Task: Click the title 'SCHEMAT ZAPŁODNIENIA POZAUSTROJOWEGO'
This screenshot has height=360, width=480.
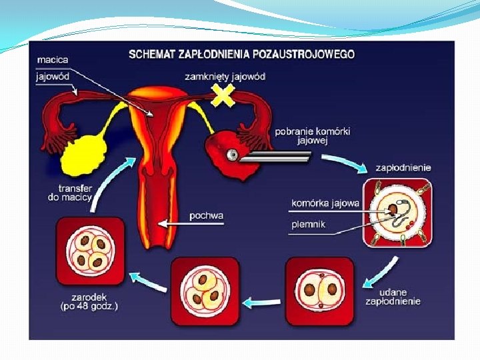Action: coord(241,53)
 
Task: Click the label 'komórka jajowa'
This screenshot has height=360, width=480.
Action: coord(326,203)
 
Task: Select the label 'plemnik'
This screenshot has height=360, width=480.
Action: coord(309,225)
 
